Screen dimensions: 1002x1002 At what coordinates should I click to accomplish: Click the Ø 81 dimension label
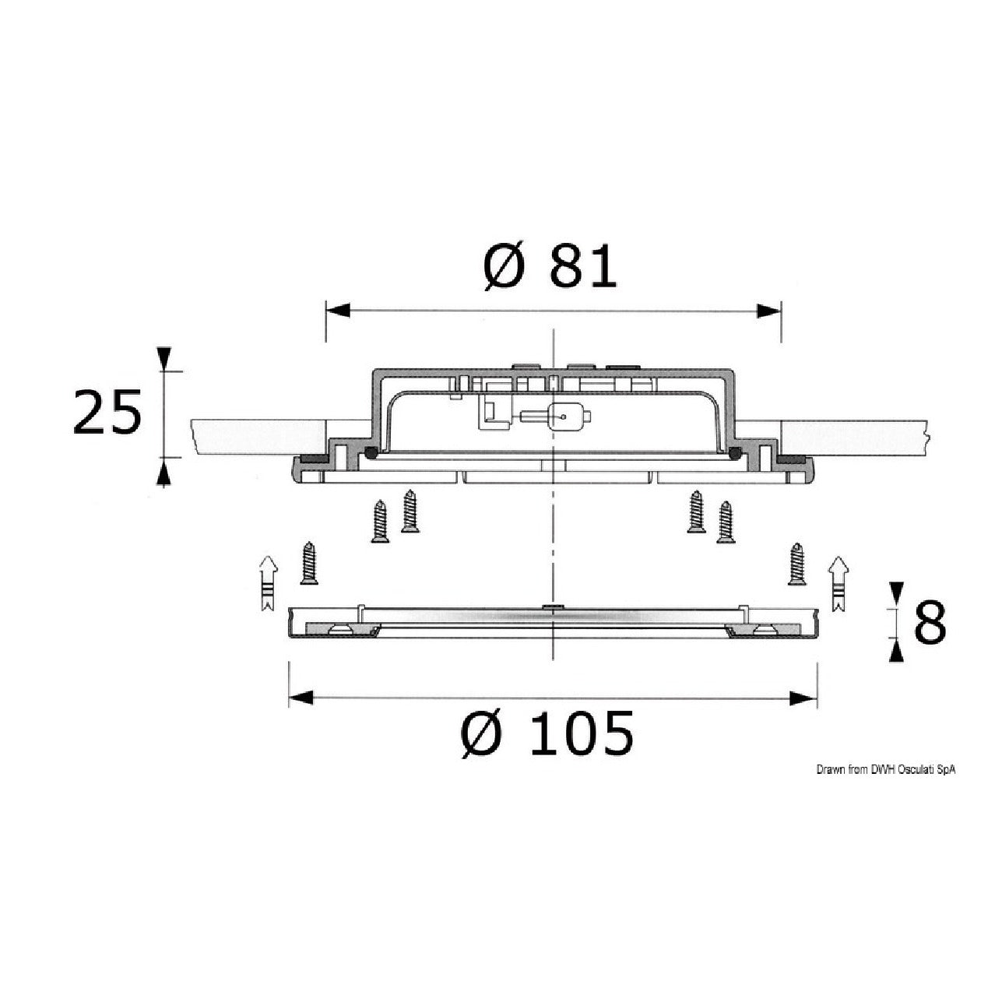pyautogui.click(x=550, y=269)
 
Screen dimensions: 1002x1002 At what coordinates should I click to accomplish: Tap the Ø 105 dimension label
pyautogui.click(x=547, y=733)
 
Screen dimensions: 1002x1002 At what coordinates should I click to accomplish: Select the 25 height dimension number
pyautogui.click(x=107, y=412)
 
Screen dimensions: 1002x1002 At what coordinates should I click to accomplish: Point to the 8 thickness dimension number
pyautogui.click(x=930, y=622)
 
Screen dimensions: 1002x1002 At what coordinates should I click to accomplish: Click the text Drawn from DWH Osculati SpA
pyautogui.click(x=885, y=770)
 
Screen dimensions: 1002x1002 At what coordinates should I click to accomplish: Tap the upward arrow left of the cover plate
pyautogui.click(x=268, y=583)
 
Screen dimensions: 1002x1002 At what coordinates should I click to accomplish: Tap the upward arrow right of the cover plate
pyautogui.click(x=839, y=583)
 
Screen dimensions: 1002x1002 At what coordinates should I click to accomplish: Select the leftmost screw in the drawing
pyautogui.click(x=309, y=563)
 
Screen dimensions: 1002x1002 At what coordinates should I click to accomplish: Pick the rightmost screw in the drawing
pyautogui.click(x=796, y=564)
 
